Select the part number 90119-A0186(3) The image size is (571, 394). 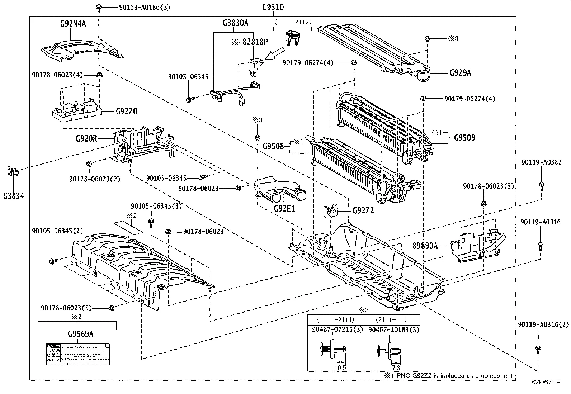tap(139, 7)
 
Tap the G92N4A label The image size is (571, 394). tap(73, 24)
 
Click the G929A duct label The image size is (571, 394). tap(460, 73)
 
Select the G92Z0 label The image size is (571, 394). tap(126, 111)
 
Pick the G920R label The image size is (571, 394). tap(86, 138)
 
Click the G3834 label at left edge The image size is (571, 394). tap(14, 196)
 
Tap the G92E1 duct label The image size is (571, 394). tap(284, 208)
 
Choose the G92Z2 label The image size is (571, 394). tap(363, 210)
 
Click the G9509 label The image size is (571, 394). tap(464, 138)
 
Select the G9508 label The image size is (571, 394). tap(273, 146)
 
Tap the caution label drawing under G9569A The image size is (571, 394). tap(77, 354)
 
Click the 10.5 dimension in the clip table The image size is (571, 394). tap(340, 368)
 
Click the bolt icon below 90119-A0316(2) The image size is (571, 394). tap(538, 348)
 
